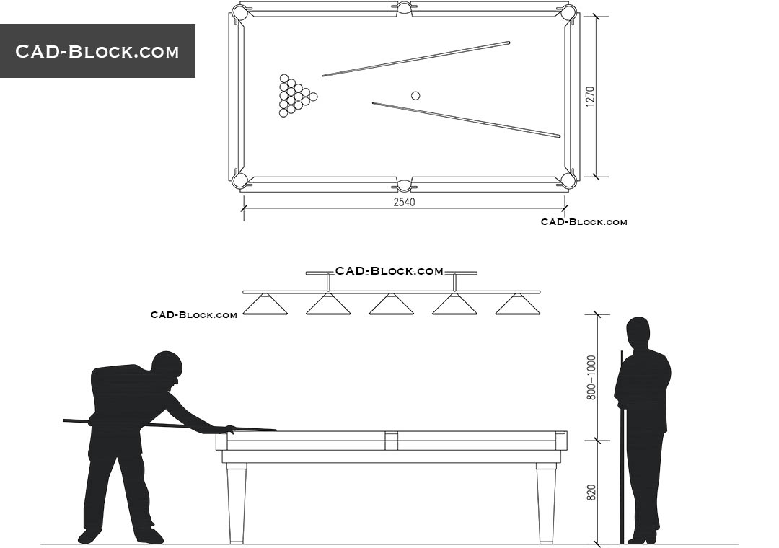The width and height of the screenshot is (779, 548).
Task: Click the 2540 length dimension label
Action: [x=404, y=202]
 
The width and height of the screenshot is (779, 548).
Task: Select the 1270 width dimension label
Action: [x=590, y=97]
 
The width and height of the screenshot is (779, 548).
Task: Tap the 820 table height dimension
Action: [x=591, y=492]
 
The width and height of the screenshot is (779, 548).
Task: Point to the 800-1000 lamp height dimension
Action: [x=591, y=378]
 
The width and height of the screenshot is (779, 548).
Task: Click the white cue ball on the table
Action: [x=415, y=95]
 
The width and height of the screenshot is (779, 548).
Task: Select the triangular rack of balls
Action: [x=297, y=96]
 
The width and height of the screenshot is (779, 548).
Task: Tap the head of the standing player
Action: [x=638, y=334]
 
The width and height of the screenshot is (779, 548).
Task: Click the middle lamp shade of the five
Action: [x=392, y=304]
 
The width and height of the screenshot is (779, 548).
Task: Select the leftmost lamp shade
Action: [x=265, y=304]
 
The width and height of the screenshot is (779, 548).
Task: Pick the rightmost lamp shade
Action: [x=518, y=304]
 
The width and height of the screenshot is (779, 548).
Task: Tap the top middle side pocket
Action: [x=404, y=7]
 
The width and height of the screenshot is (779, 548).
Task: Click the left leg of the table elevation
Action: [x=237, y=503]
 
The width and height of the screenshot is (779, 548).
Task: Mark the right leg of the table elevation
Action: [x=546, y=503]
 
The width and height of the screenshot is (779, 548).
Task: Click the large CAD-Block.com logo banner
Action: [x=97, y=50]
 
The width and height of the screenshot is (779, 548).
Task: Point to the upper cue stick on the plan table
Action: [x=416, y=58]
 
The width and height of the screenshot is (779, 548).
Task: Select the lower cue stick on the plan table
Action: [x=467, y=120]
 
